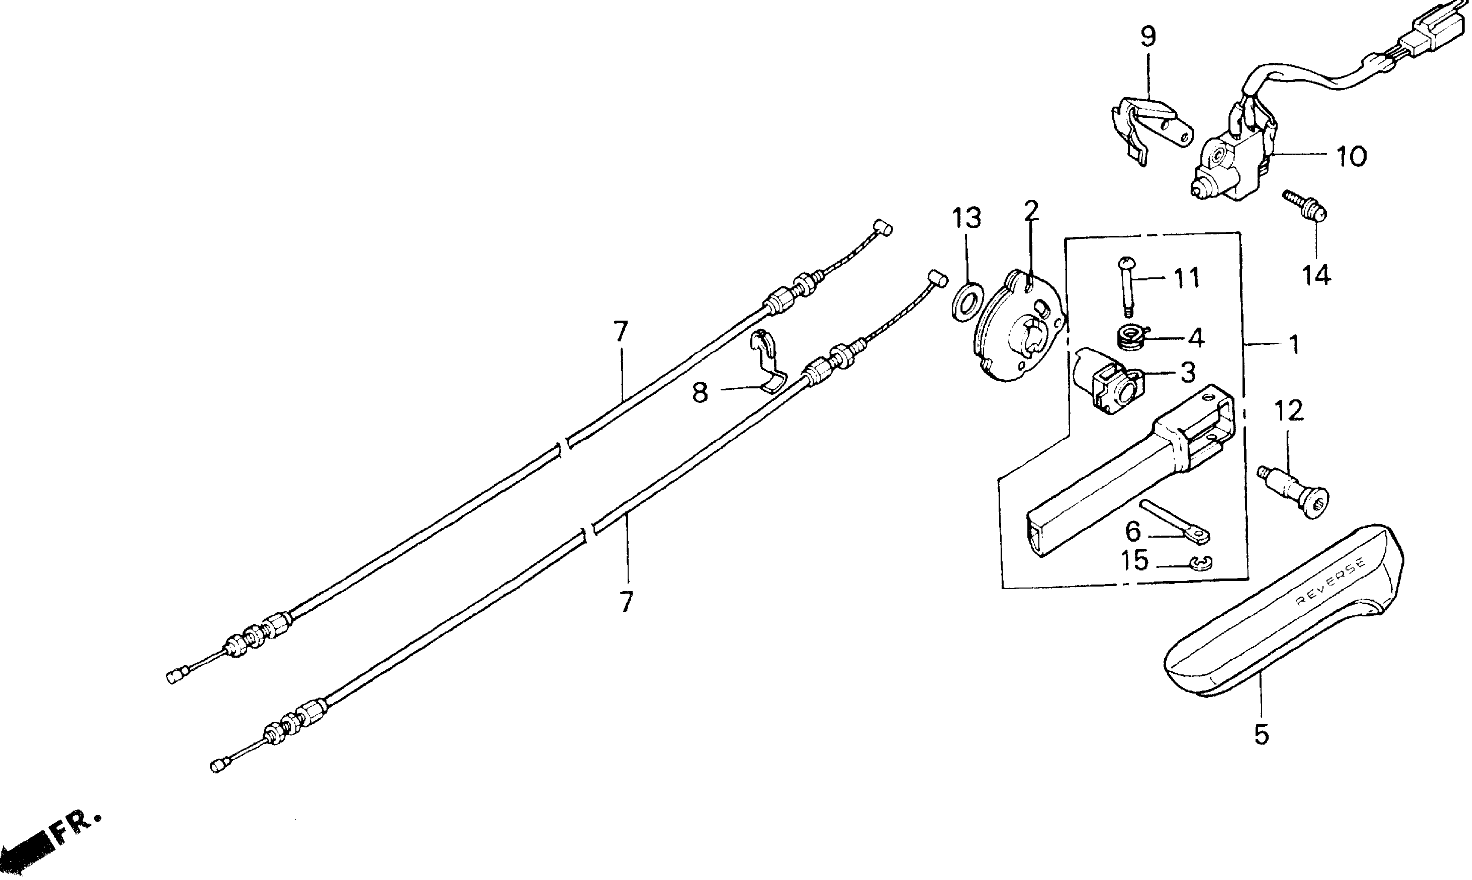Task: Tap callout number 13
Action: pyautogui.click(x=966, y=218)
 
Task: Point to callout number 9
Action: pyautogui.click(x=1148, y=37)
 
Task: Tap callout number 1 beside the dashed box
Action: pyautogui.click(x=1294, y=345)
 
